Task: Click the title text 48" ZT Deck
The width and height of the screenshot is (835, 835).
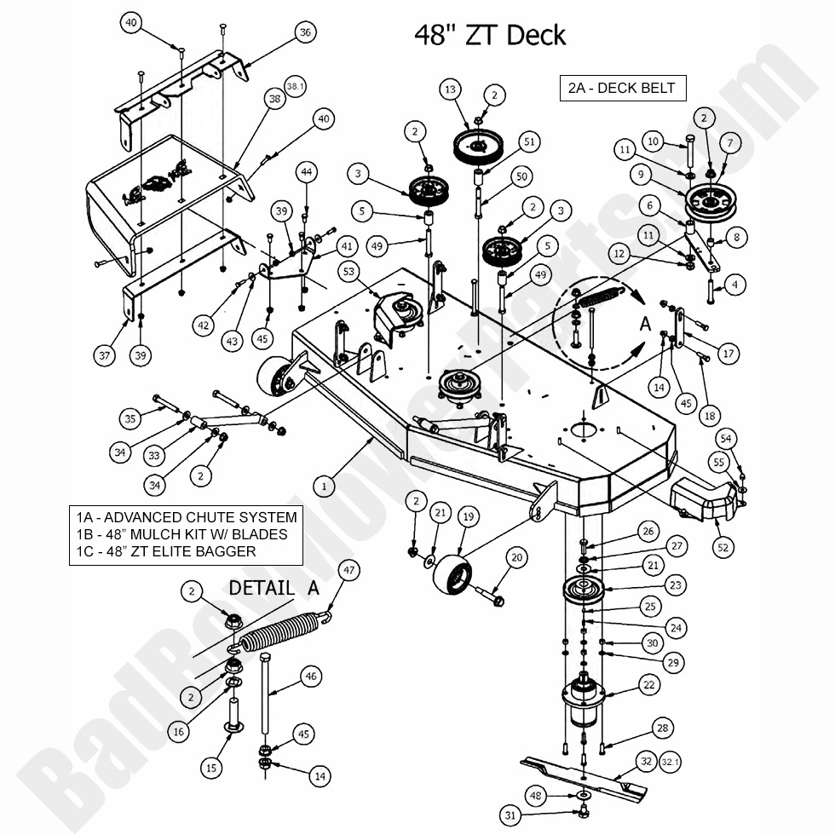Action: (490, 35)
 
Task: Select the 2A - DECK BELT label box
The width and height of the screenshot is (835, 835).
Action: (622, 88)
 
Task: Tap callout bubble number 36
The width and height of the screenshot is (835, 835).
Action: (305, 32)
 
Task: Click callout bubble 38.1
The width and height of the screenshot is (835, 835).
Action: (294, 87)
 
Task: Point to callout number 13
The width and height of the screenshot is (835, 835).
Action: (451, 89)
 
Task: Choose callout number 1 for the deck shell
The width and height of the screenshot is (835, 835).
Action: (323, 487)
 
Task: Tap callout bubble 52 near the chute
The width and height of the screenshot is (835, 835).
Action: (723, 548)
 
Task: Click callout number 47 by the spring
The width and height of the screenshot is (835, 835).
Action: (348, 569)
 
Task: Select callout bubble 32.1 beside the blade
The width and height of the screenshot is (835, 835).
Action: (671, 763)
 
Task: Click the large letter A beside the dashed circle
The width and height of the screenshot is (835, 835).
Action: (645, 324)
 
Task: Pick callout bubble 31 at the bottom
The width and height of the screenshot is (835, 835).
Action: (510, 815)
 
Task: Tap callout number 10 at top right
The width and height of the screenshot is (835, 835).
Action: (654, 141)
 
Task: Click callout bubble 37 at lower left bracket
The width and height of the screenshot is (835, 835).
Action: (105, 355)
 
